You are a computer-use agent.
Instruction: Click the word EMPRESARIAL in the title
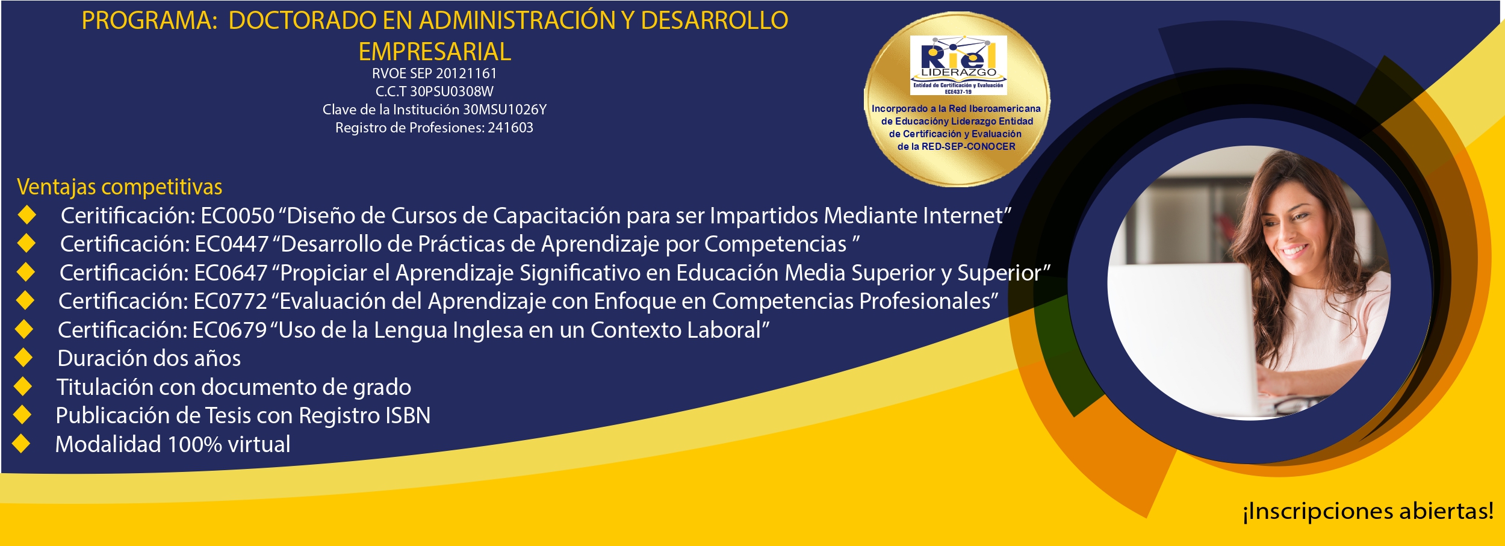(x=435, y=52)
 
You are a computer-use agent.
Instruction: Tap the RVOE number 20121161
(x=467, y=73)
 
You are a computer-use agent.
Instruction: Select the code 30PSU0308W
(x=451, y=92)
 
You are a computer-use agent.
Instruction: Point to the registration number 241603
(x=510, y=128)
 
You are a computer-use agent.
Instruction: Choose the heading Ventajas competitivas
(x=120, y=187)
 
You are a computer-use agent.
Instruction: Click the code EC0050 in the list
(x=238, y=216)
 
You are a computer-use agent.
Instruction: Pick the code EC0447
(x=232, y=244)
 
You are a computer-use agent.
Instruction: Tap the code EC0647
(x=231, y=273)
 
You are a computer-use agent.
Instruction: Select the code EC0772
(x=230, y=301)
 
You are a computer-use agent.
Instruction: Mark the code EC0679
(x=229, y=330)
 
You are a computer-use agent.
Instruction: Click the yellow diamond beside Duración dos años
(x=23, y=358)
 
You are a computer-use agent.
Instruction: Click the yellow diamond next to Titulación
(x=23, y=386)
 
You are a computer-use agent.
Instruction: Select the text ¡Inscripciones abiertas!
(x=1368, y=511)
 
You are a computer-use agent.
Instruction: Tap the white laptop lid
(x=1183, y=337)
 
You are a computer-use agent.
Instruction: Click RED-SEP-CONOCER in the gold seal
(x=969, y=146)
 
